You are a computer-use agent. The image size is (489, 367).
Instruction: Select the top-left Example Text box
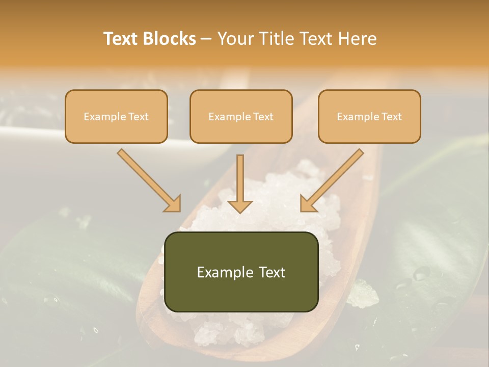[116, 116]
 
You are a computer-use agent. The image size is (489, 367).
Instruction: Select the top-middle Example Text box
[241, 116]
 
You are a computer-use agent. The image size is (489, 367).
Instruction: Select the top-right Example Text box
[369, 116]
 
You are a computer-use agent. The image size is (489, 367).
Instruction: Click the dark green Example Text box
[241, 272]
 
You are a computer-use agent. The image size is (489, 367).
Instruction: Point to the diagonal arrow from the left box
[148, 179]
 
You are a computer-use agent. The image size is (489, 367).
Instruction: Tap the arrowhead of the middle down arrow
[240, 206]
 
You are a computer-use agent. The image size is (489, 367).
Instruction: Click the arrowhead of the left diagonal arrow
[173, 204]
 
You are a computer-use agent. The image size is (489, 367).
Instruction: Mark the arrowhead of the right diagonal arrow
[308, 204]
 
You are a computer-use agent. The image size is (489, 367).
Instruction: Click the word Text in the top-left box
[138, 116]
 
